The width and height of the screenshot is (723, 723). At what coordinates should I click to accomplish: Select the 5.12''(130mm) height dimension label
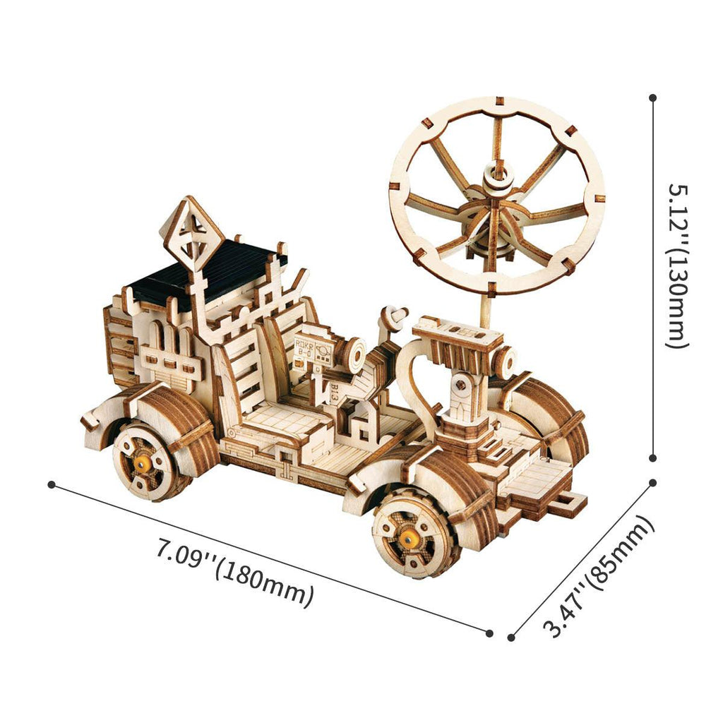point(677,266)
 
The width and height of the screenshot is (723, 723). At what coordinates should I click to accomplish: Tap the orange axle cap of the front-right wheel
point(406,540)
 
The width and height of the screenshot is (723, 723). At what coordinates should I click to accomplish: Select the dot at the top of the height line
point(653,98)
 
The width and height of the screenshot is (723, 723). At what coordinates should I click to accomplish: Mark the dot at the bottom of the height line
point(653,457)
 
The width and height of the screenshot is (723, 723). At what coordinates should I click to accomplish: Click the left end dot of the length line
point(51,484)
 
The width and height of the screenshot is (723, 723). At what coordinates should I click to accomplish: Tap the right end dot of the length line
point(489,633)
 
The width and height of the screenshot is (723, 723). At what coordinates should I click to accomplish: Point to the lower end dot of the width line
point(511,638)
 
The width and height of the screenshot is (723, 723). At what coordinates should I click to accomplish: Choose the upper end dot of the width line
point(653,483)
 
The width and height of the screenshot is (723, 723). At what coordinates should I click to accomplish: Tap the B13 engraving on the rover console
point(333,392)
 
